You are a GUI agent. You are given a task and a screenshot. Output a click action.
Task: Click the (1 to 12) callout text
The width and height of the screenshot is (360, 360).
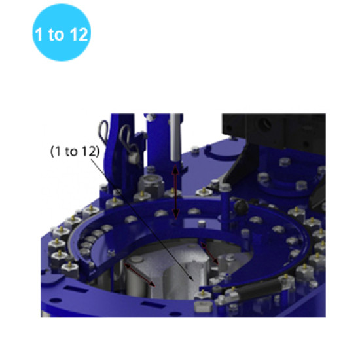(x=75, y=151)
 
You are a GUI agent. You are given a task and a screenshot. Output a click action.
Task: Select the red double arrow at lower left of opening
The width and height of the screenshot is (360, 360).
(x=141, y=276)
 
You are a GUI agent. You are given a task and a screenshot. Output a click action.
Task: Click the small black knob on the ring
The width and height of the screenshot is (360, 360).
(x=240, y=208)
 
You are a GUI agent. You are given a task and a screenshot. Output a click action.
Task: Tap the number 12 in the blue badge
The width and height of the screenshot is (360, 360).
(x=77, y=35)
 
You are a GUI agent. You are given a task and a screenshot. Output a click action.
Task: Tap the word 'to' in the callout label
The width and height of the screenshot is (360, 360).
(x=73, y=151)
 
